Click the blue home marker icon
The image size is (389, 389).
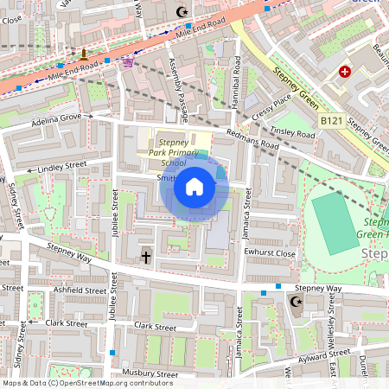[194, 186]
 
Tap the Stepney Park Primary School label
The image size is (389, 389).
[172, 151]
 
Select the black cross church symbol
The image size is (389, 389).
[146, 257]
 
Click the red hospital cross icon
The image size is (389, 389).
[346, 72]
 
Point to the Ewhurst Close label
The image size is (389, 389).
[270, 252]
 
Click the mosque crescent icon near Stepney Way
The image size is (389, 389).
[297, 302]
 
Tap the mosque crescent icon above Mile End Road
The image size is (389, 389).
[182, 11]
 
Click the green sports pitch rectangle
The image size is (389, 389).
[333, 221]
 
